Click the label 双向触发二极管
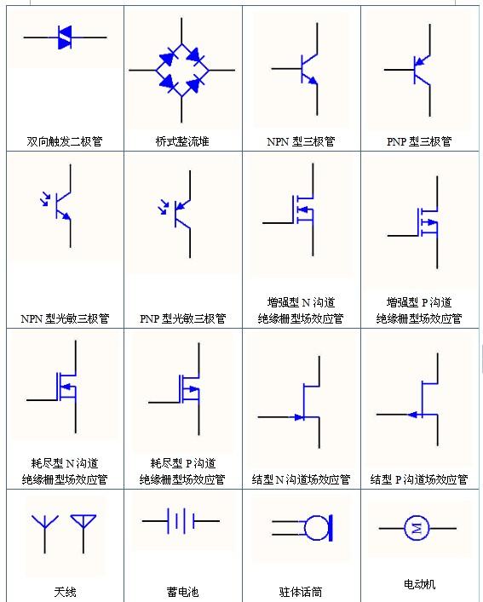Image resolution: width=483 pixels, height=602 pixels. (64, 141)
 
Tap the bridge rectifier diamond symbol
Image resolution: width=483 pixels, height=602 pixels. (181, 71)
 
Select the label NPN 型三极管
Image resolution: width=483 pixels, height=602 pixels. (301, 141)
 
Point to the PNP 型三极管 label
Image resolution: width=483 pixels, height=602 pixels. (419, 141)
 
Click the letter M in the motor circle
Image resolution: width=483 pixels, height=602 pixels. (417, 529)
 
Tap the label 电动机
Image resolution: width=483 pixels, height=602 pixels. (419, 584)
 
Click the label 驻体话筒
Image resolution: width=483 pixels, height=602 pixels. (301, 591)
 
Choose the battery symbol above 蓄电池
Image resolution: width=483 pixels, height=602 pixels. (181, 521)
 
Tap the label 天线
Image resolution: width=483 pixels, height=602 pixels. (65, 591)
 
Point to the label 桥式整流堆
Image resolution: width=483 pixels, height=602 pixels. (182, 141)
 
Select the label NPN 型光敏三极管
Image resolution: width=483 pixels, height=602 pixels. (65, 319)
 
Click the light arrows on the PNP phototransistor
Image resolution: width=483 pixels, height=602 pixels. (164, 205)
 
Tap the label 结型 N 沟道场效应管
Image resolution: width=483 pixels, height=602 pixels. (301, 480)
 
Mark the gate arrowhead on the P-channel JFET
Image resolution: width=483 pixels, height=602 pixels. (411, 415)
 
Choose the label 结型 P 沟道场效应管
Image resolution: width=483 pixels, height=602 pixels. (419, 480)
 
